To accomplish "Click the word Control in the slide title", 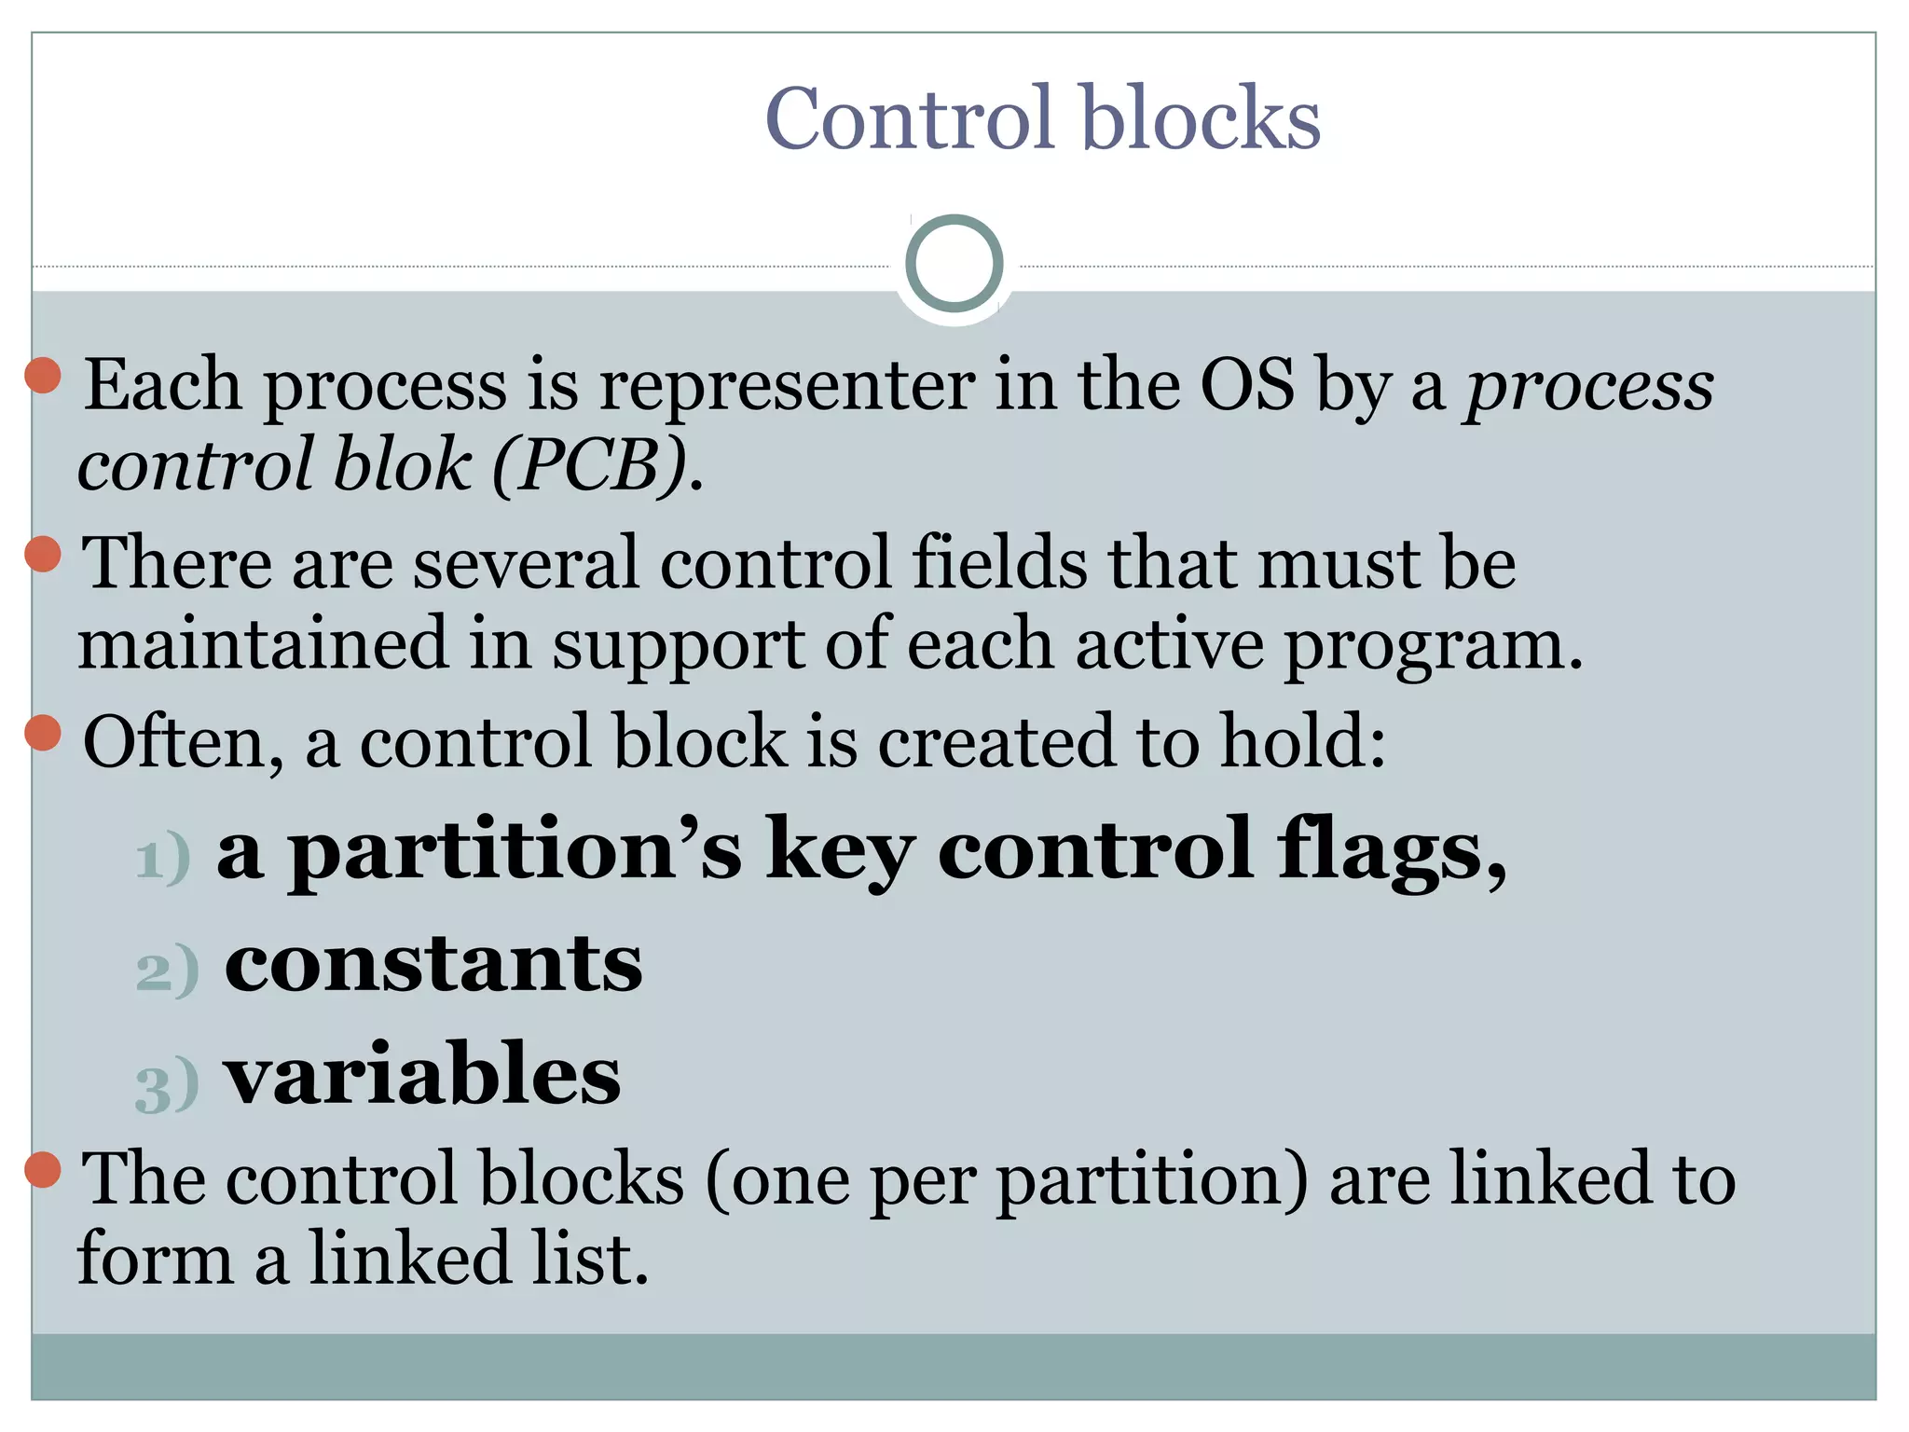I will pos(908,118).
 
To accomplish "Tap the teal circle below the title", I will pos(954,264).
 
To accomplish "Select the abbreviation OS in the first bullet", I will pos(1247,384).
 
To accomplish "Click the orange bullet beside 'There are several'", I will pos(43,555).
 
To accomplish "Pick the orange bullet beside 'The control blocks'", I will pos(43,1169).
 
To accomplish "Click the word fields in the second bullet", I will pos(999,563).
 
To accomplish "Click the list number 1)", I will pos(163,859).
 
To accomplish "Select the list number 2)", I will pos(167,971).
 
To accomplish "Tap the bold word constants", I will pos(433,963).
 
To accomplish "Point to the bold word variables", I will pos(422,1074).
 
